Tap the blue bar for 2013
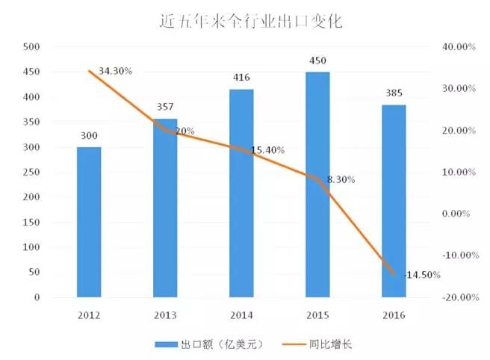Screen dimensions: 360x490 (165, 209)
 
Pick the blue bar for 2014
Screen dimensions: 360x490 (241, 194)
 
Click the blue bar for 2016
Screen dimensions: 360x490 (394, 202)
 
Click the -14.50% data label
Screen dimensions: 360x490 (422, 275)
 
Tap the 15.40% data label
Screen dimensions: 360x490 (267, 150)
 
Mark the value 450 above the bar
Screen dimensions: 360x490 (317, 61)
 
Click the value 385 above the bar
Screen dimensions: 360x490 (394, 94)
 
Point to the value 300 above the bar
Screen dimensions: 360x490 (89, 136)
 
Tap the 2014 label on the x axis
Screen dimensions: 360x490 (241, 315)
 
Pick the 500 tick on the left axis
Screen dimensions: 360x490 (31, 47)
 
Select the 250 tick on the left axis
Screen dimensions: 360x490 (31, 173)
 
